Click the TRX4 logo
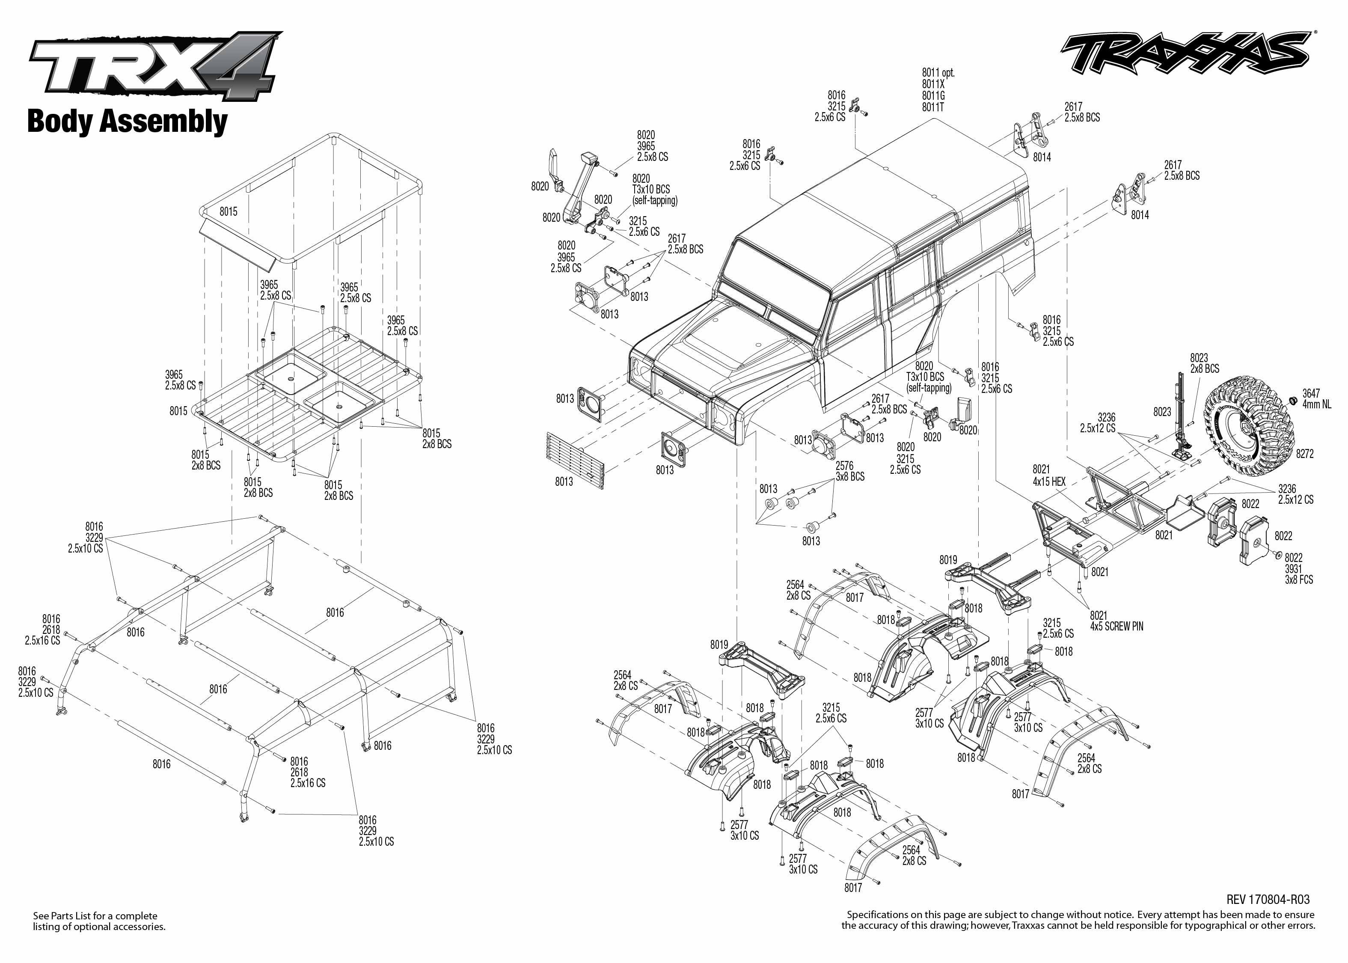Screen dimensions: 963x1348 (154, 65)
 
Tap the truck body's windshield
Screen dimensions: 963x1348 (777, 270)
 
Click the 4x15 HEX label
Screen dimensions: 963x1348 (1049, 481)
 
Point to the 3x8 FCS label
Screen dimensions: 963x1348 (1299, 580)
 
